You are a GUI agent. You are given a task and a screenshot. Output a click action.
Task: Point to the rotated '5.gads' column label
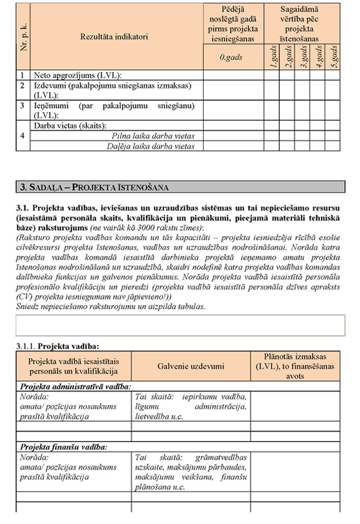pos(333,57)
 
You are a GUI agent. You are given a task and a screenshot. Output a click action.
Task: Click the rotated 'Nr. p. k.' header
pos(23,37)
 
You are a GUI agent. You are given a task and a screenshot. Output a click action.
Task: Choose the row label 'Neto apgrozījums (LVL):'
pos(78,75)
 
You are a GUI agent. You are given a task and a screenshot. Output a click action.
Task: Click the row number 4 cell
pos(22,136)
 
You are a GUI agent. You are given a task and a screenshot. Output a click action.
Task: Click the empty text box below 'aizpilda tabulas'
pos(180,325)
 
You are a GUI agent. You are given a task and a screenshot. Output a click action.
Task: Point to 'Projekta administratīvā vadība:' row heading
pos(75,386)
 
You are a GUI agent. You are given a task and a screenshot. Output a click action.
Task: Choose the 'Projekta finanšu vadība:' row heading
pos(64,446)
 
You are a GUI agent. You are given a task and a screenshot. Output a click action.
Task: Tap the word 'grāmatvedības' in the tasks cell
pos(224,456)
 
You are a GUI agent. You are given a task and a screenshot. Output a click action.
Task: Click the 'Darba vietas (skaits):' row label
pos(70,126)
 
